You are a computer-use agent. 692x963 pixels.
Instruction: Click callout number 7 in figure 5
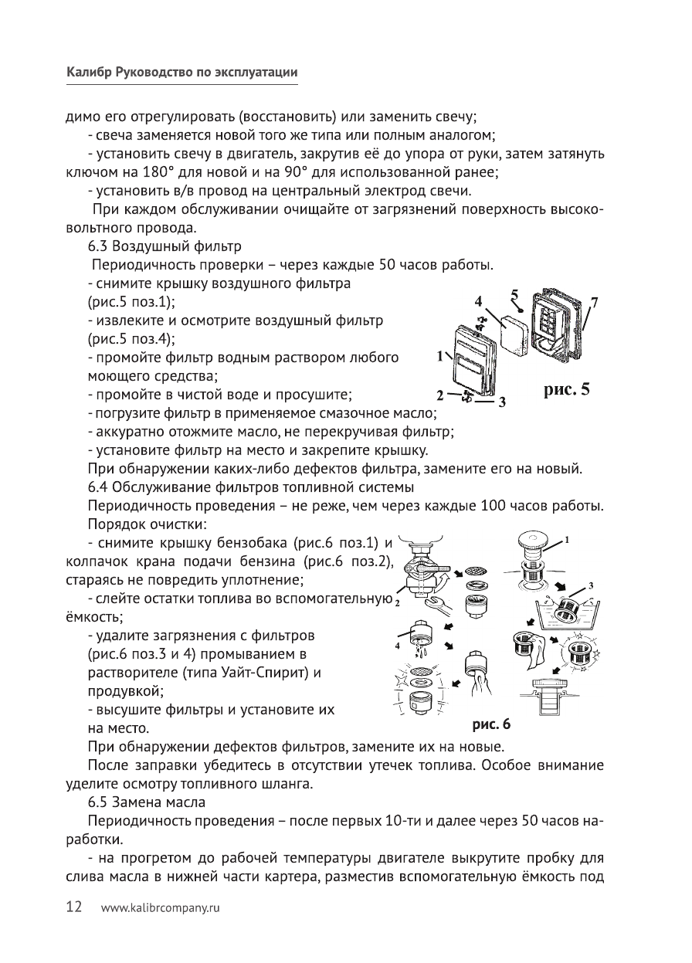[594, 300]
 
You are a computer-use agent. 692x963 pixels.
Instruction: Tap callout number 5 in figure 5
[515, 294]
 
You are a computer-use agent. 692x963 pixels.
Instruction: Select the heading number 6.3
[98, 247]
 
